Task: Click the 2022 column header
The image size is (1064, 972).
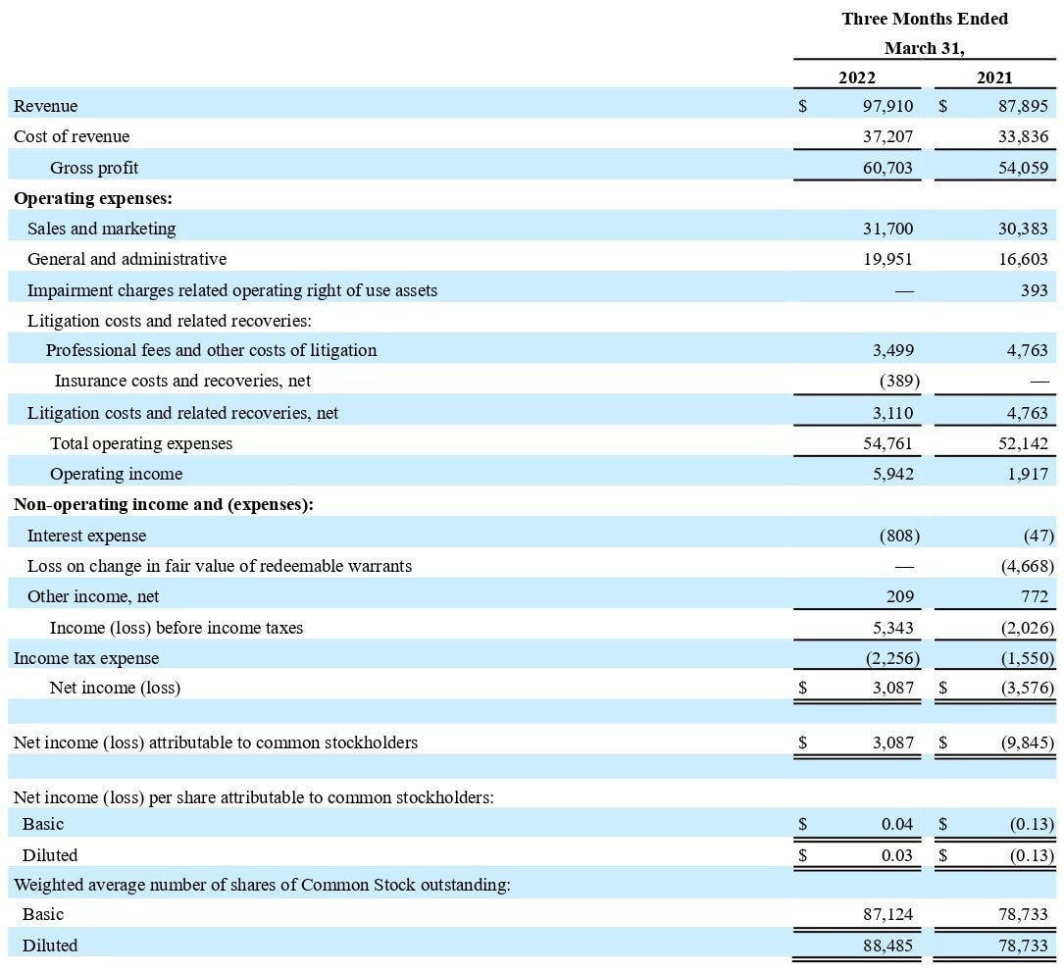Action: point(856,77)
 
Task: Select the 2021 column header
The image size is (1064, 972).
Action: point(994,77)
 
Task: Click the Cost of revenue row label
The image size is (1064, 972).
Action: point(72,136)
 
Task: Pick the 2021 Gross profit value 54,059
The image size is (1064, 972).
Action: point(1023,168)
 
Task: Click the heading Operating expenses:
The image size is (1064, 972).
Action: point(93,198)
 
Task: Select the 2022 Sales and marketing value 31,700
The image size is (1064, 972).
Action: point(887,229)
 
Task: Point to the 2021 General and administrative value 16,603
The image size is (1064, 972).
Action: point(1023,259)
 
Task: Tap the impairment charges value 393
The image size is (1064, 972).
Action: point(1034,290)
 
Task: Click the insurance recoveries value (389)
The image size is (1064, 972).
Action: point(891,380)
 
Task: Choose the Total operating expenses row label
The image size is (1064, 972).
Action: point(141,443)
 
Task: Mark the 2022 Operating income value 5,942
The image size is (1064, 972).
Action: point(891,474)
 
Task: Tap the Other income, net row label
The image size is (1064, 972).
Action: point(93,596)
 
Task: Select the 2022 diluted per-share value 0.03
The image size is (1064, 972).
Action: point(896,855)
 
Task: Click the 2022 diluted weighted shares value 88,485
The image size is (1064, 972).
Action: point(887,946)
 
